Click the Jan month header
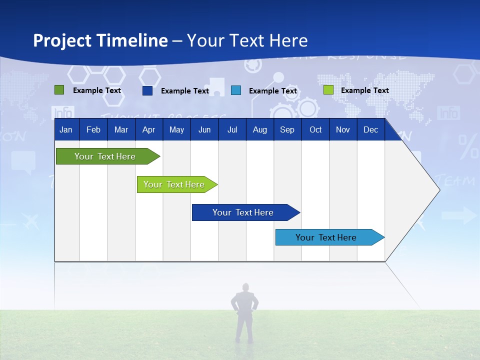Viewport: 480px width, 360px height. (66, 129)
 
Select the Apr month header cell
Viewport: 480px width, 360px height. (149, 129)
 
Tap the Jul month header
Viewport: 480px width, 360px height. (232, 129)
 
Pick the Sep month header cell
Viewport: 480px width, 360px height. (287, 129)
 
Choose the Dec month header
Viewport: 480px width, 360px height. (370, 129)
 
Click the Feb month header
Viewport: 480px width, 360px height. (93, 129)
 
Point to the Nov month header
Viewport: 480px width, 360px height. (343, 129)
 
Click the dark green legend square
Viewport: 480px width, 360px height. (59, 90)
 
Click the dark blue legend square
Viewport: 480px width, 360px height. (147, 90)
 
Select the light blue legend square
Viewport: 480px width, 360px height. (236, 90)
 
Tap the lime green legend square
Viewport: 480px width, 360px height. (328, 90)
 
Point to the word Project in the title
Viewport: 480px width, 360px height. (61, 40)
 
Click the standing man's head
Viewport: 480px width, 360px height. (245, 287)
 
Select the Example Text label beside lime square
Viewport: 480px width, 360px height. (364, 90)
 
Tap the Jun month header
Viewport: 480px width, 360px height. (204, 129)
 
